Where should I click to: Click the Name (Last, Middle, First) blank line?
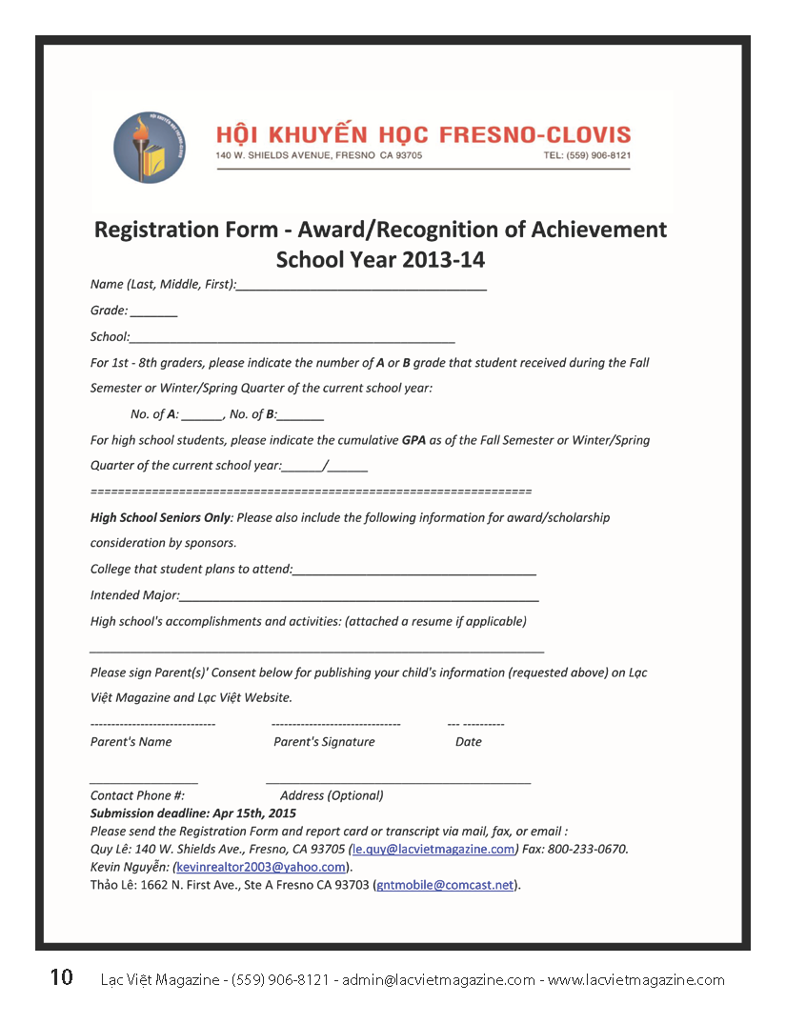362,287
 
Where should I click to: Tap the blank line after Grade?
154,313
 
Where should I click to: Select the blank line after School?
292,339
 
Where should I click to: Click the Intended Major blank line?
359,599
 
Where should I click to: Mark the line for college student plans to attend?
414,572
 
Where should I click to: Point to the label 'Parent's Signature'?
324,742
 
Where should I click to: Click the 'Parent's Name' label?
131,742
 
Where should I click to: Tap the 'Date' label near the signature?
469,742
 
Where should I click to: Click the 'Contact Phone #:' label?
137,795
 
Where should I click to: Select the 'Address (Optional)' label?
332,795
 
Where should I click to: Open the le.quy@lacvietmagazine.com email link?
434,849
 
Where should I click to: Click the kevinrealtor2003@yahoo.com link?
261,867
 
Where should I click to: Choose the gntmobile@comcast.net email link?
446,885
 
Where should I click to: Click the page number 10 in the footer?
61,977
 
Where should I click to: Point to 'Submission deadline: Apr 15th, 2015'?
193,813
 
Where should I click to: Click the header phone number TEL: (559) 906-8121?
587,155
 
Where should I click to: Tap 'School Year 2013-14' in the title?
380,259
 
